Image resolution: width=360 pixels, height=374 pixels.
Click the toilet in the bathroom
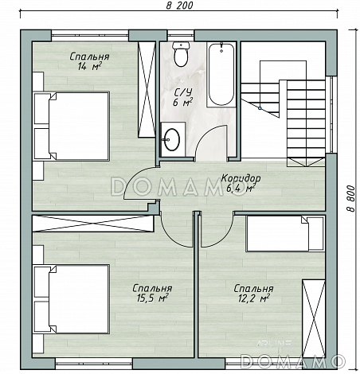pyautogui.click(x=181, y=54)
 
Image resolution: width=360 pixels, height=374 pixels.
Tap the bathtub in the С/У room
pyautogui.click(x=221, y=75)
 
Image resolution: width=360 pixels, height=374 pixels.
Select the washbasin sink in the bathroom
pyautogui.click(x=171, y=139)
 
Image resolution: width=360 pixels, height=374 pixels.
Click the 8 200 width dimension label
pyautogui.click(x=179, y=6)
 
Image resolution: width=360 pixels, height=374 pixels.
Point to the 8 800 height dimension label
pyautogui.click(x=351, y=198)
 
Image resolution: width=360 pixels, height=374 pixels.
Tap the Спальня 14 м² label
pyautogui.click(x=89, y=61)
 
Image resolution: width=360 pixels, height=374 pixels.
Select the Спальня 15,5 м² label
pyautogui.click(x=152, y=293)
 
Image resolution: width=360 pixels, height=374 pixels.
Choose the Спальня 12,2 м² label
pyautogui.click(x=253, y=294)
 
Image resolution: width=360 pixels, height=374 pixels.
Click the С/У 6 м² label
pyautogui.click(x=182, y=97)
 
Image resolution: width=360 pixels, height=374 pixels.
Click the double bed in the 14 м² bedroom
pyautogui.click(x=71, y=127)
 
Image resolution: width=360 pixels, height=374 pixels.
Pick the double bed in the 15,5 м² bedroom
pyautogui.click(x=71, y=299)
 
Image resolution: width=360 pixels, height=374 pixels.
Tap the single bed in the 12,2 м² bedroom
pyautogui.click(x=285, y=234)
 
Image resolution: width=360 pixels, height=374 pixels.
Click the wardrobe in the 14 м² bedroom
pyautogui.click(x=147, y=89)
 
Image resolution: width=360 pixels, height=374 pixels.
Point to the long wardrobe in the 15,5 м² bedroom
pyautogui.click(x=93, y=224)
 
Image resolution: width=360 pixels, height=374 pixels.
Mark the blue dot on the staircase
pyautogui.click(x=260, y=108)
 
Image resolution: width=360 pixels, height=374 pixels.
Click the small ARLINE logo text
pyautogui.click(x=273, y=344)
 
